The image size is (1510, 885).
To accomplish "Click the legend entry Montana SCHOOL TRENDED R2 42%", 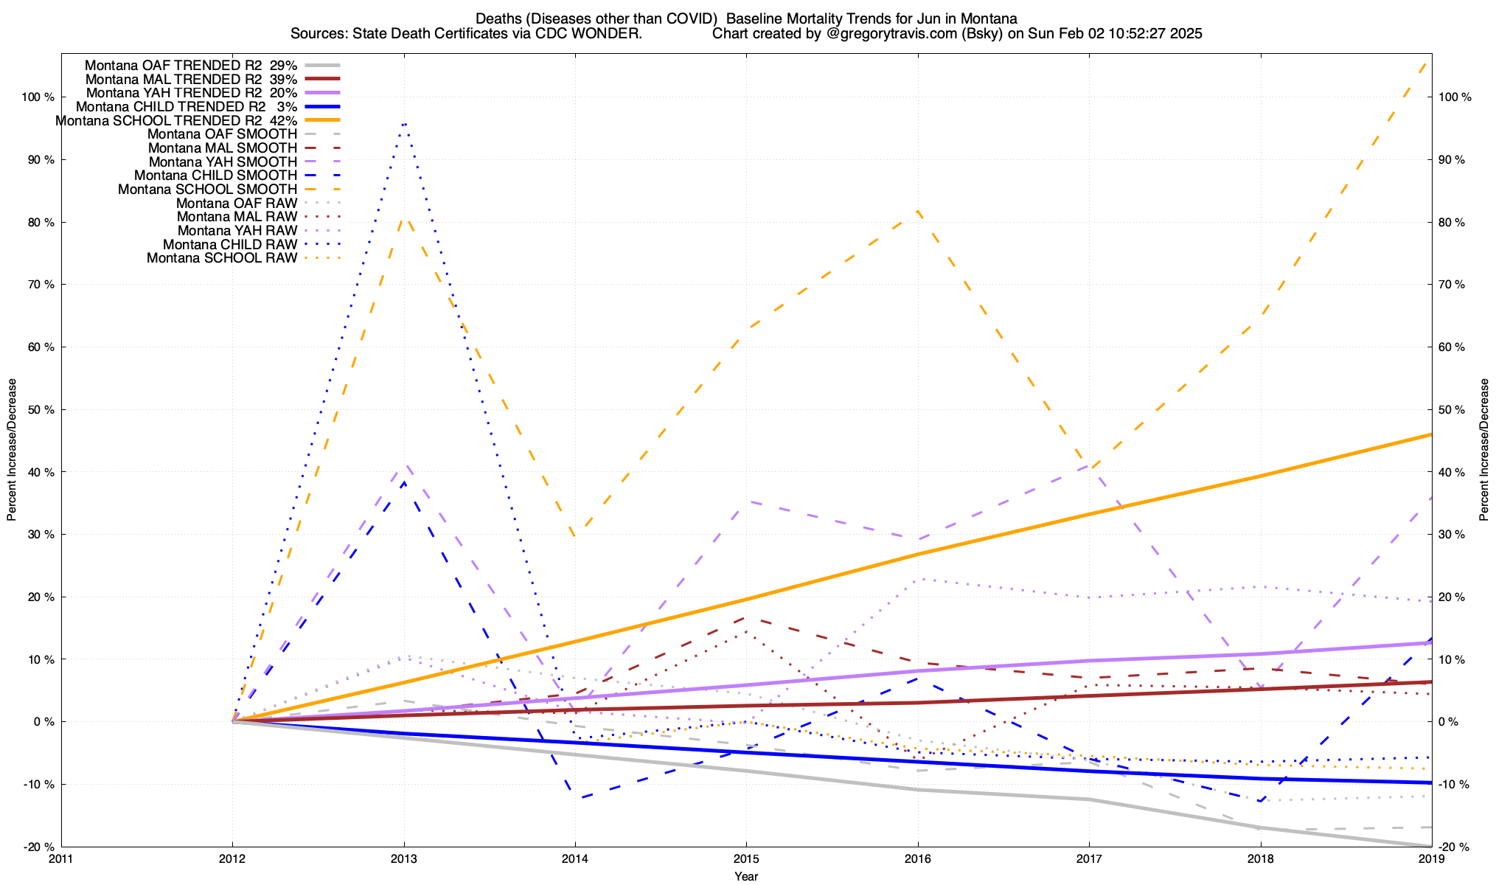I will coord(176,120).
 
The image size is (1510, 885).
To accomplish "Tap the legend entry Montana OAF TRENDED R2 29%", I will coord(191,66).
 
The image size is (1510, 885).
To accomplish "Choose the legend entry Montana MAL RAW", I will coord(237,217).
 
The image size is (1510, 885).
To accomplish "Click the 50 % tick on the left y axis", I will coord(38,410).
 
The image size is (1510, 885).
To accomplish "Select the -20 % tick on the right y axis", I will coord(1454,847).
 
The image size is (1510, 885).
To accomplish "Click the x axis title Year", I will coord(746,876).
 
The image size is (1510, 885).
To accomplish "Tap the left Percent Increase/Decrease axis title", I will coord(12,450).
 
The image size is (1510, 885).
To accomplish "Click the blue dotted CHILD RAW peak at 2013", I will coord(404,122).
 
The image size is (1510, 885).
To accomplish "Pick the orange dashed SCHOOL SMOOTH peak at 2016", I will coord(918,211).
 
